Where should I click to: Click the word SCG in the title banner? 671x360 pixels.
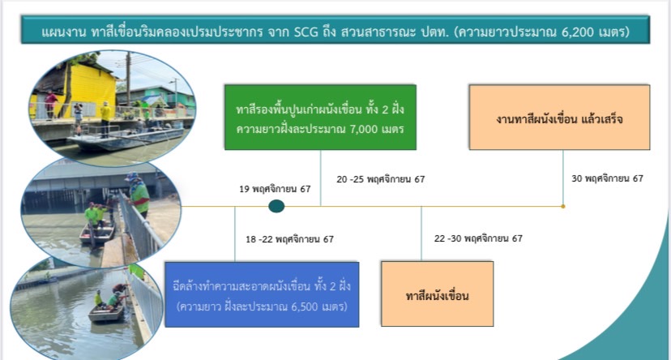tap(306, 32)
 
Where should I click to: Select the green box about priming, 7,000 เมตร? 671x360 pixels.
tap(320, 117)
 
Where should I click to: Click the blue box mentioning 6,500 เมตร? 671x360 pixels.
tap(262, 294)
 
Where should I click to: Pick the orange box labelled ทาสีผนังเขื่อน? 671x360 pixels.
tap(437, 294)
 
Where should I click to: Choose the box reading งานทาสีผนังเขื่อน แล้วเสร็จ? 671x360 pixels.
tap(559, 117)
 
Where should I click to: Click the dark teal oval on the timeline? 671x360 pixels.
tap(276, 206)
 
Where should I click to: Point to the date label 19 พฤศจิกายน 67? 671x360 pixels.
tap(275, 189)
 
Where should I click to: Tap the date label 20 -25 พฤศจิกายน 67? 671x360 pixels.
tap(380, 179)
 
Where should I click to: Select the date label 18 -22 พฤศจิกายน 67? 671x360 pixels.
tap(289, 239)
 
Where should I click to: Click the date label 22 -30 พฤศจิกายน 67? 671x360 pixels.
tap(478, 238)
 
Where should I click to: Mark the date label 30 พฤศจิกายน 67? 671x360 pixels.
tap(607, 178)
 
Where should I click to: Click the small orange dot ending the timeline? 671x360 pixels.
tap(562, 206)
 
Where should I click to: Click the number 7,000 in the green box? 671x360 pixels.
tap(363, 129)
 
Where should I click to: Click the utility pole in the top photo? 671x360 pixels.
tap(128, 79)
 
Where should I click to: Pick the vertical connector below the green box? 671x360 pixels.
tap(321, 178)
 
